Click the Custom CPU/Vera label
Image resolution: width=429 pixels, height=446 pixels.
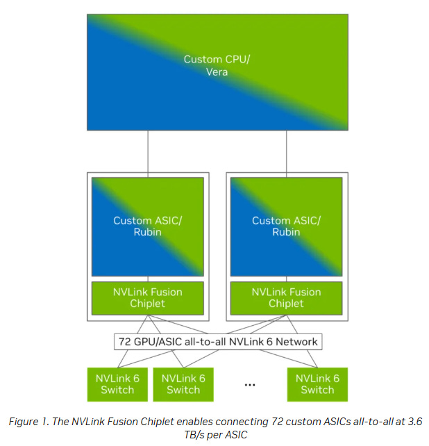[x=217, y=65]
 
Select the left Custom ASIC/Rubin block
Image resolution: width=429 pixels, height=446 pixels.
[x=147, y=226]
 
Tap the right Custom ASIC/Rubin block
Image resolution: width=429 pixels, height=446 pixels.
[x=286, y=226]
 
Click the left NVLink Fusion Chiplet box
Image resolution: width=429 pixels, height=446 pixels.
[x=148, y=297]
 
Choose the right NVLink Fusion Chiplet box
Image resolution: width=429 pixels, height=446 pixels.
[x=286, y=297]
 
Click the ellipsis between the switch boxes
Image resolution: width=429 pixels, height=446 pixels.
[x=250, y=384]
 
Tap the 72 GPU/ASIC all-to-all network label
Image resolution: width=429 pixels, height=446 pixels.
[x=218, y=341]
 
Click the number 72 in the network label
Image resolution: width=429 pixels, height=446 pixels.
[x=125, y=341]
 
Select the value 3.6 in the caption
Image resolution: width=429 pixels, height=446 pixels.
[x=414, y=422]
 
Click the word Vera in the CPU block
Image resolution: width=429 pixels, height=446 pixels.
[x=217, y=72]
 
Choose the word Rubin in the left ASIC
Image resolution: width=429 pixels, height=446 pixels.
[x=147, y=232]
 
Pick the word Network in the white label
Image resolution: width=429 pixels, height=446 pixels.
[x=298, y=341]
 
